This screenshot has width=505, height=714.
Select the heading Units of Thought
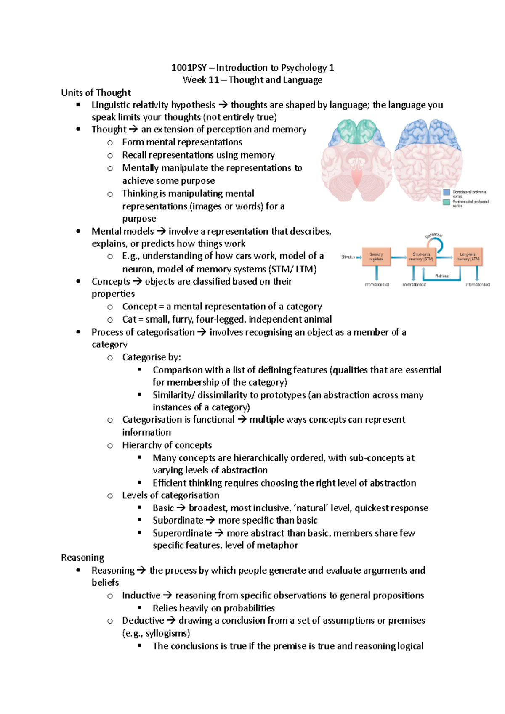click(96, 93)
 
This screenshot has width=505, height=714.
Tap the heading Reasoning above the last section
click(82, 558)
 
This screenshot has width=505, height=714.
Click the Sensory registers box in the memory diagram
click(376, 257)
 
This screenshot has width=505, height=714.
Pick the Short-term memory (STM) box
click(421, 257)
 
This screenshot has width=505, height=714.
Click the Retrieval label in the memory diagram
click(442, 276)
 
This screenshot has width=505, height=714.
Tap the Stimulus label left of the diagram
click(348, 257)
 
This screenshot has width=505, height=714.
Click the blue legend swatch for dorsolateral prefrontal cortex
click(447, 193)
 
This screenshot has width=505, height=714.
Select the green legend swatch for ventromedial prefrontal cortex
click(447, 202)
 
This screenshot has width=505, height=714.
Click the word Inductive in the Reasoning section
click(141, 595)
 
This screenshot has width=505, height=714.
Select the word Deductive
click(143, 621)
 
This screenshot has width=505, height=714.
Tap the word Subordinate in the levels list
click(178, 520)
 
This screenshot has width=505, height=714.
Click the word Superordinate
click(182, 533)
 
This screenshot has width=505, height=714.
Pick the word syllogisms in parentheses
click(167, 633)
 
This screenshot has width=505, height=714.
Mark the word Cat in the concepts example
click(129, 320)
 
